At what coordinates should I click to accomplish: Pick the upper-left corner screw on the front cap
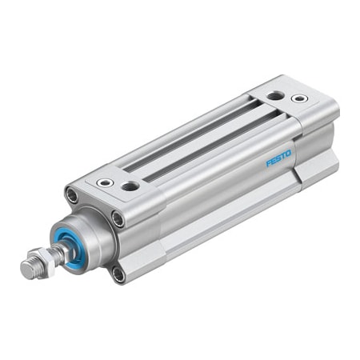[x=71, y=195]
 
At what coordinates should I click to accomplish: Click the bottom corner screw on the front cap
[x=119, y=274]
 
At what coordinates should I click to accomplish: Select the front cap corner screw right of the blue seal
[x=118, y=218]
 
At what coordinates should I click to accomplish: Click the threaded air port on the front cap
[x=130, y=186]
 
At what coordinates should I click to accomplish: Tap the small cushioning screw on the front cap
[x=103, y=182]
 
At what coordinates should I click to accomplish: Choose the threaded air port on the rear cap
[x=274, y=94]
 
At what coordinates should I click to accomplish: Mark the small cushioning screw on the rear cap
[x=299, y=98]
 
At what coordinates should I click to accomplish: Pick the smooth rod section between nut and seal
[x=61, y=248]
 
